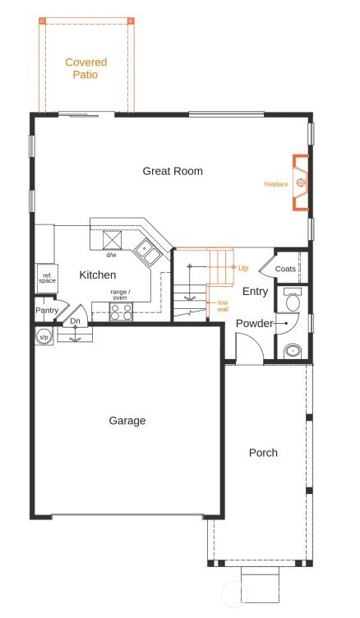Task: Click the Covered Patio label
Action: pyautogui.click(x=86, y=68)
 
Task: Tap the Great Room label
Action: pyautogui.click(x=173, y=171)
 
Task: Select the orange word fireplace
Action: pyautogui.click(x=276, y=183)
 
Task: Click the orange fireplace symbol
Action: pyautogui.click(x=301, y=182)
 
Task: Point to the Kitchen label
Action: pyautogui.click(x=97, y=274)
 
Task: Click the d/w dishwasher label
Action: pyautogui.click(x=111, y=255)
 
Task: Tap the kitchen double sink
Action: pyautogui.click(x=148, y=251)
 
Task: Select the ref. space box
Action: pyautogui.click(x=48, y=279)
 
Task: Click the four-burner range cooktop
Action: pyautogui.click(x=121, y=311)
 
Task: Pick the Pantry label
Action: pyautogui.click(x=47, y=310)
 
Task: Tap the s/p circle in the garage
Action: pyautogui.click(x=44, y=337)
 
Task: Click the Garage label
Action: pyautogui.click(x=127, y=421)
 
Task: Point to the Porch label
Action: pyautogui.click(x=263, y=453)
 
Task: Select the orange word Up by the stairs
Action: pyautogui.click(x=243, y=268)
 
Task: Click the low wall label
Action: pyautogui.click(x=223, y=306)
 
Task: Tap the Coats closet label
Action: pyautogui.click(x=285, y=269)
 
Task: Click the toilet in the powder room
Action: pyautogui.click(x=293, y=299)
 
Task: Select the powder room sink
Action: pyautogui.click(x=293, y=350)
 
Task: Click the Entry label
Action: pyautogui.click(x=255, y=291)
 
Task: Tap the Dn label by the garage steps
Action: pyautogui.click(x=75, y=321)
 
